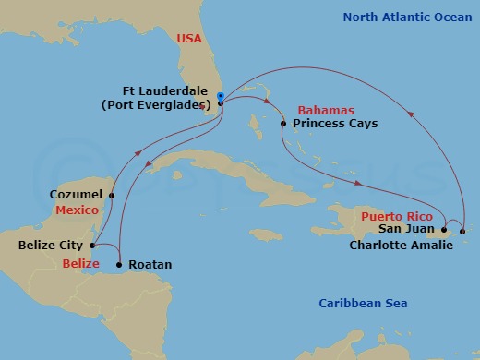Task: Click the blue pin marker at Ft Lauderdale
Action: coord(220,98)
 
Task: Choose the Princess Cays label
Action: coord(335,123)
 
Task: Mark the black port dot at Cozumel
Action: coord(112,195)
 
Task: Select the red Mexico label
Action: coord(77,210)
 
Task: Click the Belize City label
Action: coord(52,246)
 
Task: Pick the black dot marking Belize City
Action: coord(93,246)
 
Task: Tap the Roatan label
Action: coord(149,264)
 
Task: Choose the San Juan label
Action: coord(407,228)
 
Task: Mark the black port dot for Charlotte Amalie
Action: coord(463,231)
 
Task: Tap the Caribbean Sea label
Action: coord(364,304)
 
